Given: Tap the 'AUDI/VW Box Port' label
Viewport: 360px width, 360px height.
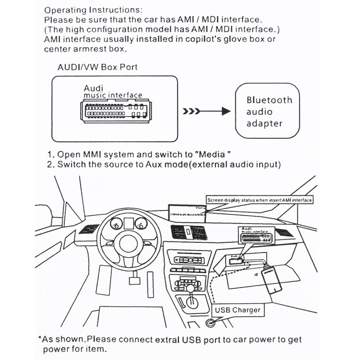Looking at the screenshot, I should [97, 67].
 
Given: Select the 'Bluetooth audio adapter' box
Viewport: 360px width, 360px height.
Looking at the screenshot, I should [269, 112].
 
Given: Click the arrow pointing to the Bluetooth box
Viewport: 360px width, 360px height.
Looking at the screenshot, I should [207, 112].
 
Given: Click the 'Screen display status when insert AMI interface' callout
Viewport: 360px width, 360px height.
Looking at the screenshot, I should [260, 200].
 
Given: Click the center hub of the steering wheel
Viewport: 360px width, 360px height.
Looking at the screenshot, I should [128, 242].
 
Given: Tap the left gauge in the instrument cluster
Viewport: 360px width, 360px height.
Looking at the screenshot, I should [116, 224].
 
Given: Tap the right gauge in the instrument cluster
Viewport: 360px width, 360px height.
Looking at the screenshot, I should [141, 223].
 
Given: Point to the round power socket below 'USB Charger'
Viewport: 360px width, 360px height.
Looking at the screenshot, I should [210, 323].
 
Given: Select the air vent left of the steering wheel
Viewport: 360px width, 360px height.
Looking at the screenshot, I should [89, 229].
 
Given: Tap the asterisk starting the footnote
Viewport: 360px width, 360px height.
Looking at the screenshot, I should [40, 338].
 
